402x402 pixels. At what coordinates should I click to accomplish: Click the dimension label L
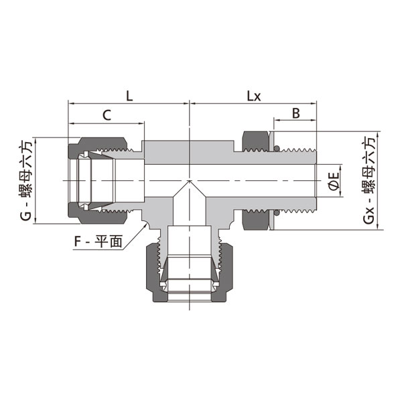point(129,96)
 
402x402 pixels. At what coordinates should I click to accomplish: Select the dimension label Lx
point(253,96)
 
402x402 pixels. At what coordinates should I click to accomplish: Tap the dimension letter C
point(107,115)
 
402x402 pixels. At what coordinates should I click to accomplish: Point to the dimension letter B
point(295,113)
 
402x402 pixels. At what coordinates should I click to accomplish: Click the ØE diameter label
point(334,182)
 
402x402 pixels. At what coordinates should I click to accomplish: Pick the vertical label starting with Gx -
point(368,180)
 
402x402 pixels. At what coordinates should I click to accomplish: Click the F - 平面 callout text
point(98,241)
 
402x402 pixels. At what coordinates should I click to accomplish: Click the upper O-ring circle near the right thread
point(276,149)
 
